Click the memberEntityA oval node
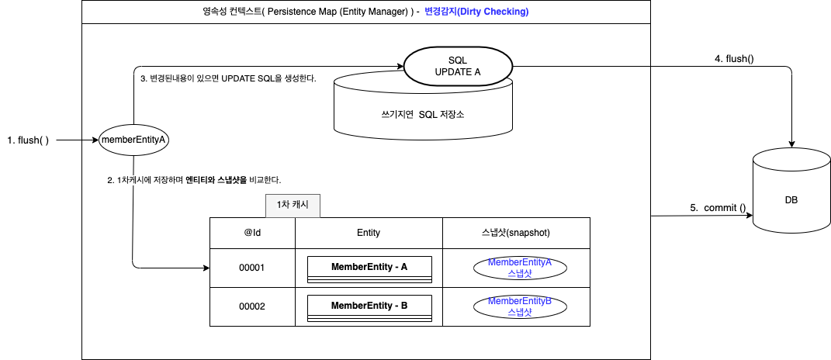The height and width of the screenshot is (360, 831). [x=134, y=140]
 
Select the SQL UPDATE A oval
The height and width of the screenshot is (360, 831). [x=457, y=65]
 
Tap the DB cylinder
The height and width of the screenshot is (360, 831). [x=791, y=199]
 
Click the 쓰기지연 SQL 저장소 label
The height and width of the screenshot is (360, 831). [x=422, y=115]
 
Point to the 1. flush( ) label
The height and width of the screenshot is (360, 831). [x=28, y=140]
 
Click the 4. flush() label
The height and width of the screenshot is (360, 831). [x=734, y=59]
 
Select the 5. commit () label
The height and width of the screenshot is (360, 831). [x=718, y=208]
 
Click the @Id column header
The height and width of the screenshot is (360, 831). [x=252, y=232]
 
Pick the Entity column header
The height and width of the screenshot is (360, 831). [x=369, y=232]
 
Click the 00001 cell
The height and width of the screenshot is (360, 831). [x=252, y=268]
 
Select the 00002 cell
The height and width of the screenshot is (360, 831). [x=252, y=306]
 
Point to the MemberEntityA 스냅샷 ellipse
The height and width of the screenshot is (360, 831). [x=520, y=268]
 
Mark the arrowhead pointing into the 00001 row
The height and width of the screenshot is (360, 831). [x=206, y=268]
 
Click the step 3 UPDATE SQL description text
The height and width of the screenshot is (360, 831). [x=228, y=78]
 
